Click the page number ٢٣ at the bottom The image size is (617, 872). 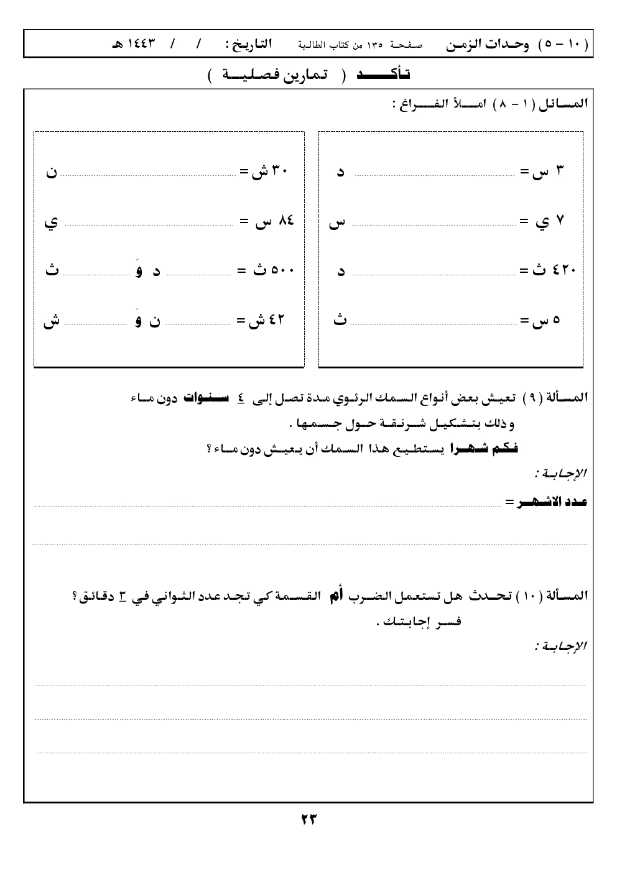pos(308,819)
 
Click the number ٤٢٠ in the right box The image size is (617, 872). pos(565,270)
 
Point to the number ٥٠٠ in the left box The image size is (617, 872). pos(281,270)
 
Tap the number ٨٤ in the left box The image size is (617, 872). pos(286,221)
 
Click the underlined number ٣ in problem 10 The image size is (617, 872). pos(123,596)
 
